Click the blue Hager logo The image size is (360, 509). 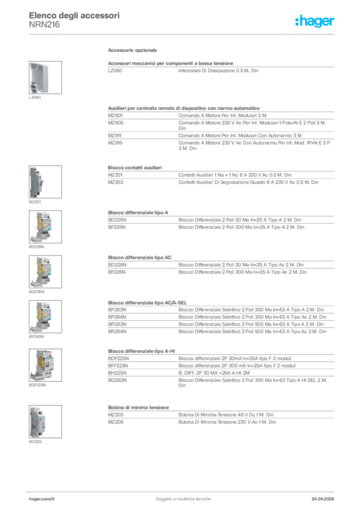tap(315, 21)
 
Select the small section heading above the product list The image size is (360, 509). tap(133, 52)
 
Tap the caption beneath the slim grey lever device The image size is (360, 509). tap(35, 203)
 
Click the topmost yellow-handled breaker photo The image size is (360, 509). tap(42, 226)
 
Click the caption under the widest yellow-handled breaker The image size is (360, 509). tap(38, 386)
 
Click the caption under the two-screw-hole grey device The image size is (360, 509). tap(35, 441)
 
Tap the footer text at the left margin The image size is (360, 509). tap(42, 496)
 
